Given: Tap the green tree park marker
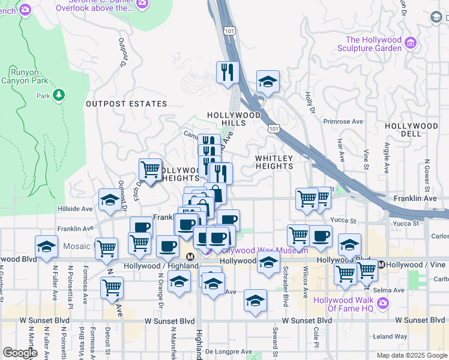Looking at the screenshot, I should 58,95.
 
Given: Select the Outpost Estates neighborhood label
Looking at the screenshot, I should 126,104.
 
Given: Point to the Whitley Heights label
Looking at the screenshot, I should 274,163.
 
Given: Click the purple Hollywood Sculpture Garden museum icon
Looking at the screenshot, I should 411,43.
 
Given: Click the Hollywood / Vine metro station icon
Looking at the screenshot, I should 381,265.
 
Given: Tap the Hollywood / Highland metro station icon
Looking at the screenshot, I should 190,256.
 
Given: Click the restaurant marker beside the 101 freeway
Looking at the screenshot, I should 228,73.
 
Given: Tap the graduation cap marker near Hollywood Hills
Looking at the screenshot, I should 268,82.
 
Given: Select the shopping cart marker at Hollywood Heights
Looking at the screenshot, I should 149,170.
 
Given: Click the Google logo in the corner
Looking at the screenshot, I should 20,353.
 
